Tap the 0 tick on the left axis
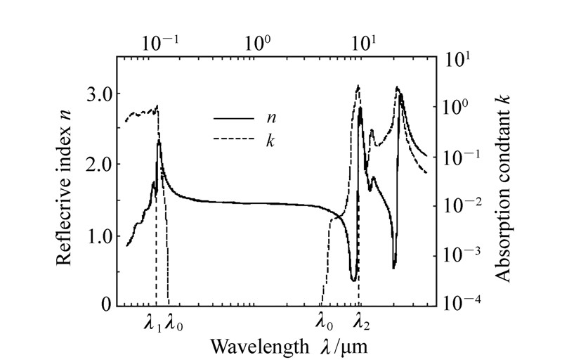(x=105, y=305)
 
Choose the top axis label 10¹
(x=362, y=41)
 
